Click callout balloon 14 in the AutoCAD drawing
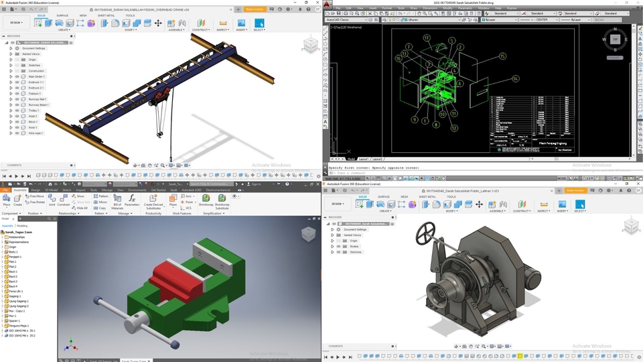515,78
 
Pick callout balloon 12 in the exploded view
453,127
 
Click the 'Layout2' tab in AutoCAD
378,159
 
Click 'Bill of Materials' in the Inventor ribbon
117,206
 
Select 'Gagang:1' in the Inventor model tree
15,295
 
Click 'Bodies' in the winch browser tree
354,246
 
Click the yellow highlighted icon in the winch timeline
519,356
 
